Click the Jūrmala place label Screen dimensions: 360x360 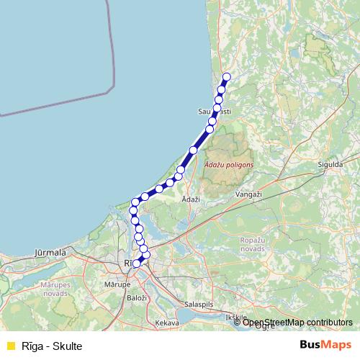click(x=50, y=253)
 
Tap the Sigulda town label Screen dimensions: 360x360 click(x=329, y=164)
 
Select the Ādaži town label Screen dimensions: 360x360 click(x=190, y=198)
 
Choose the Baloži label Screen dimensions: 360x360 click(x=136, y=297)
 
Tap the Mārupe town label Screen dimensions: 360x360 click(x=117, y=284)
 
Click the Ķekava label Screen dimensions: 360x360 click(x=166, y=323)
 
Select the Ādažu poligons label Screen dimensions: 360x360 click(x=229, y=165)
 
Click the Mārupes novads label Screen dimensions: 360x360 click(x=55, y=289)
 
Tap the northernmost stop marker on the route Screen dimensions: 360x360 click(x=227, y=76)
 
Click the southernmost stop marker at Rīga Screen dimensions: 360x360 click(x=136, y=264)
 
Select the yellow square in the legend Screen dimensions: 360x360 click(x=9, y=346)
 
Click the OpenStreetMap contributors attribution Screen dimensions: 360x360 click(x=297, y=323)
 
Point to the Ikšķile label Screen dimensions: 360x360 click(x=235, y=317)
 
